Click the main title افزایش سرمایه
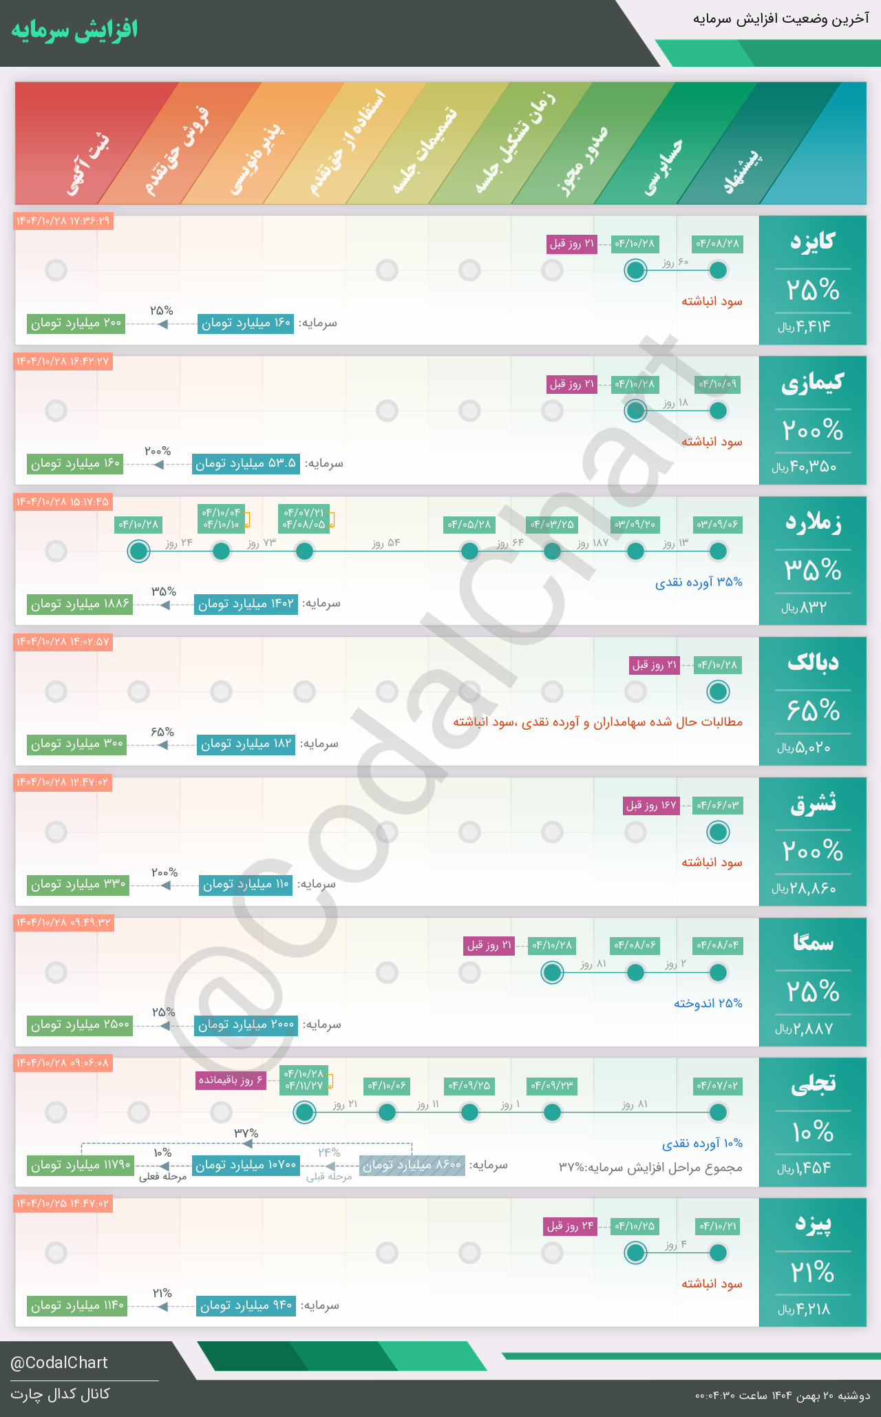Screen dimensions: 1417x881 coord(74,30)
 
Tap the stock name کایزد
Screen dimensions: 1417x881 coord(812,242)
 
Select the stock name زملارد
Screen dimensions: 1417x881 coord(813,523)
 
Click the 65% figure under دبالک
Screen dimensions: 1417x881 coord(813,710)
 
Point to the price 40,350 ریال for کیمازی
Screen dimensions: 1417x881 coord(804,467)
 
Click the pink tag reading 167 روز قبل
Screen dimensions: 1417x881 coord(651,805)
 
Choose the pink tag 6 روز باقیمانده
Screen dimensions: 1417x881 coord(231,1080)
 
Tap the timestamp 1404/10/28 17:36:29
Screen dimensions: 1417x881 coord(63,221)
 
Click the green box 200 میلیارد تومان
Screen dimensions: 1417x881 coord(76,323)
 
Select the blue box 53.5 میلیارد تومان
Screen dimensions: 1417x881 coord(246,463)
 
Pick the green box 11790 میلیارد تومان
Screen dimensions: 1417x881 coord(81,1165)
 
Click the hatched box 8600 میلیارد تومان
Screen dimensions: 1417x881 coord(412,1165)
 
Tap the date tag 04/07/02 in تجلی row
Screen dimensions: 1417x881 coord(717,1086)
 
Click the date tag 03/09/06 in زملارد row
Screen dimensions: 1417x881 coord(717,525)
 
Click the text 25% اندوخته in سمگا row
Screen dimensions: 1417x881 coord(708,1003)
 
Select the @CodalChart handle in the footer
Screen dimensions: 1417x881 coord(59,1363)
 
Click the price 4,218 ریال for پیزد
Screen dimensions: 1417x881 coord(804,1309)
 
